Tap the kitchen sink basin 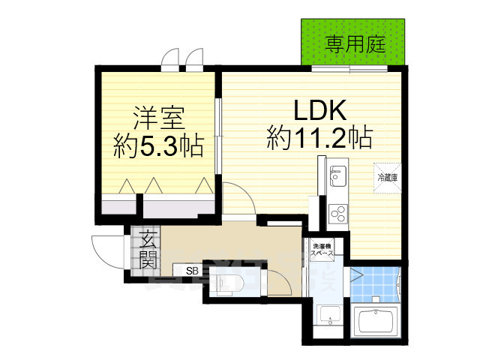pyautogui.click(x=335, y=177)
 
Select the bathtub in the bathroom pyautogui.click(x=379, y=321)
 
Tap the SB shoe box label pyautogui.click(x=191, y=270)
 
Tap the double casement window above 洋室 pyautogui.click(x=184, y=58)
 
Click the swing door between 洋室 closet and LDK pyautogui.click(x=235, y=194)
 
